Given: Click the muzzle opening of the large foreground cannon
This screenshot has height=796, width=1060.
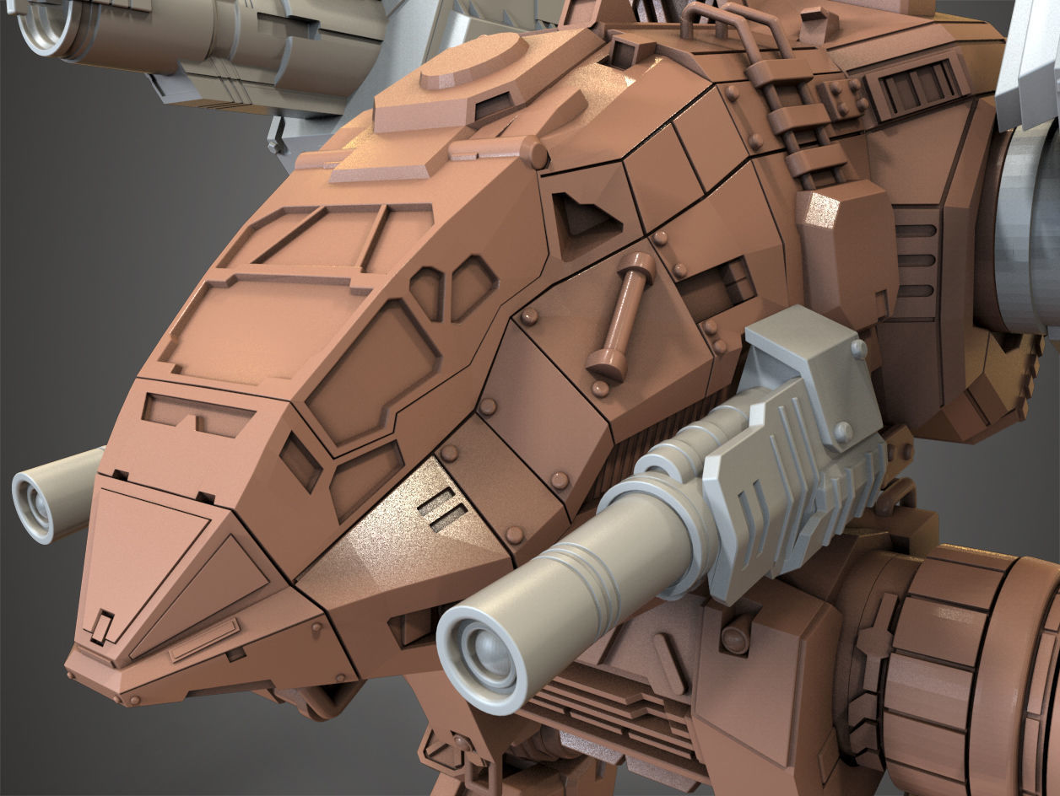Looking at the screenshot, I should pyautogui.click(x=484, y=654).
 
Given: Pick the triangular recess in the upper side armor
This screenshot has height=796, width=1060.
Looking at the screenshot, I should pyautogui.click(x=586, y=217).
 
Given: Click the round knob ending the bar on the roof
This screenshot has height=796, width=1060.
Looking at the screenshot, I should pyautogui.click(x=533, y=153).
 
